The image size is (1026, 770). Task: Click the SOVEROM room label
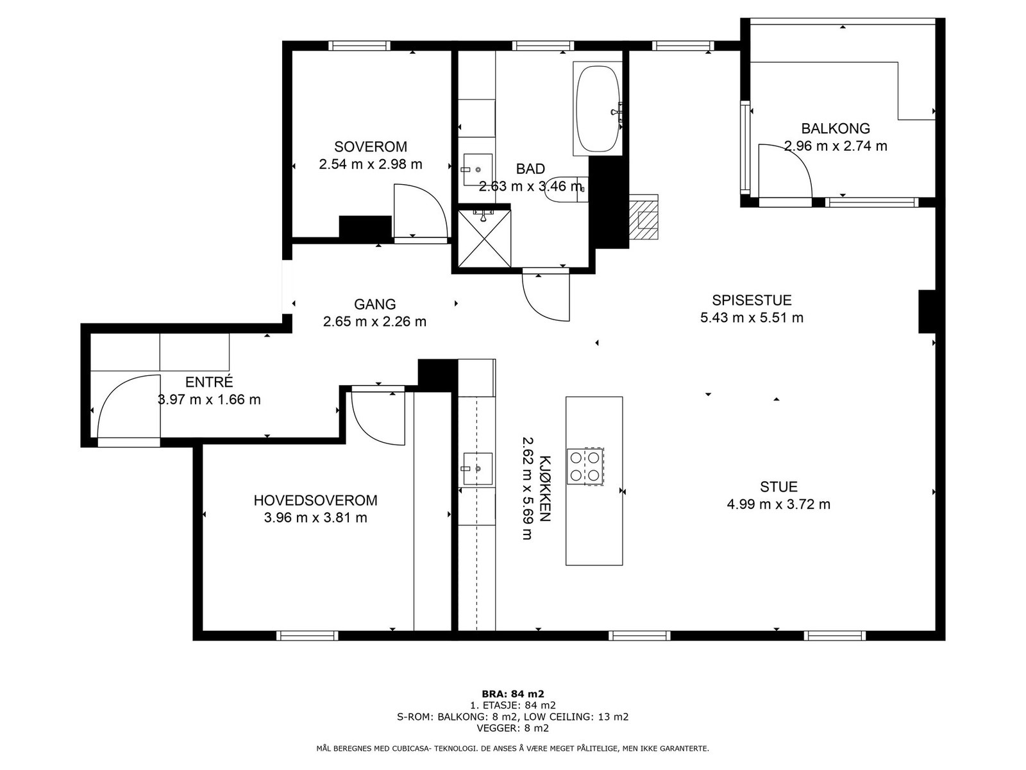[x=370, y=147]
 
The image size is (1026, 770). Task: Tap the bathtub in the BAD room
[x=598, y=108]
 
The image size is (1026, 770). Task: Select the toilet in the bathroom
[x=566, y=189]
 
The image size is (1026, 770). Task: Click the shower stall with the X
[x=484, y=239]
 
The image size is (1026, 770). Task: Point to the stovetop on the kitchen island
[x=585, y=466]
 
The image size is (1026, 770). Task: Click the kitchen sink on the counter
[x=477, y=468]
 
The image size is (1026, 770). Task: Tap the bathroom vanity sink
[x=477, y=169]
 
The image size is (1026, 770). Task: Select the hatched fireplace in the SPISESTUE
[x=644, y=217]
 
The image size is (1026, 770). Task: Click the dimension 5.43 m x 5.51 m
[x=752, y=318]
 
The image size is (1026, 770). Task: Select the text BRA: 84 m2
[x=513, y=694]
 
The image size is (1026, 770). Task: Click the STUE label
[x=778, y=487]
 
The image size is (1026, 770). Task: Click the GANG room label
[x=375, y=304]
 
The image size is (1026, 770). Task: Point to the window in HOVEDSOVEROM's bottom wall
[x=307, y=635]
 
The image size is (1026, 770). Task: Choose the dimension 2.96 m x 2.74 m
[x=836, y=146]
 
